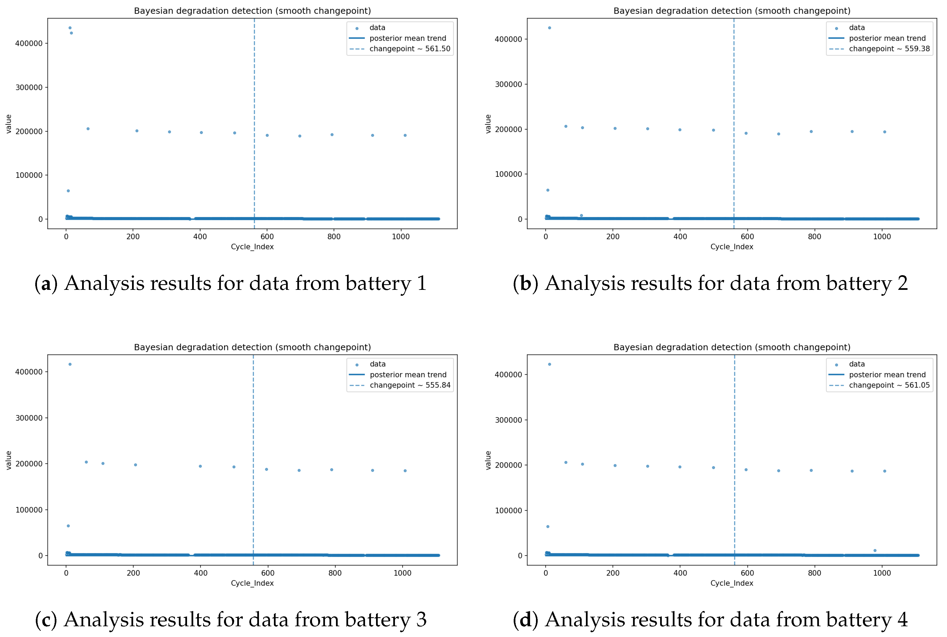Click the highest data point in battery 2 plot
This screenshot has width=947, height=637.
[550, 28]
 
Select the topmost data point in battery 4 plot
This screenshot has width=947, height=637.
[550, 364]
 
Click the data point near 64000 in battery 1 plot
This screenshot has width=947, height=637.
[68, 191]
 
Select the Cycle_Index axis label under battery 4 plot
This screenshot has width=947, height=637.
[731, 583]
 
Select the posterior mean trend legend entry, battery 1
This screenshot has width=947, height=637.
[407, 38]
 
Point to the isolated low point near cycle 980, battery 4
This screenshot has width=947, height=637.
[875, 550]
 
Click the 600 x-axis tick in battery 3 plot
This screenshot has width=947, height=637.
[268, 573]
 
